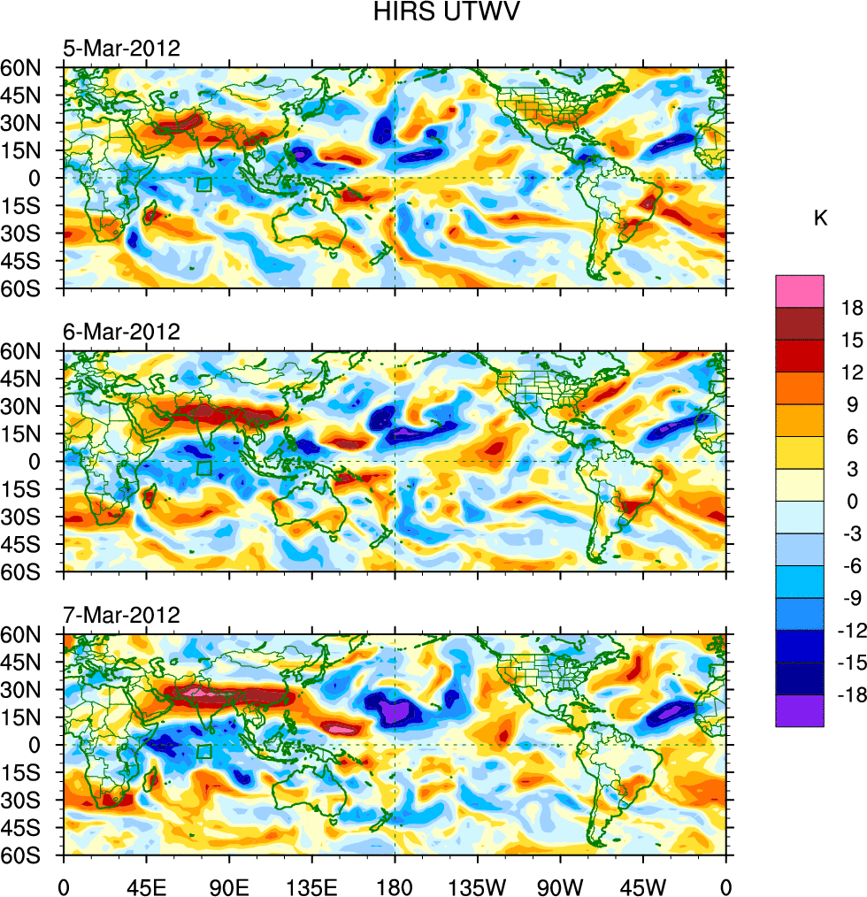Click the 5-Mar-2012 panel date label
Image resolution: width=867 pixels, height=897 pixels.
click(121, 48)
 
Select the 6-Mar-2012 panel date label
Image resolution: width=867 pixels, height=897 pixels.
click(121, 332)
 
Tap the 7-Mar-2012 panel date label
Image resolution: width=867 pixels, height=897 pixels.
click(121, 615)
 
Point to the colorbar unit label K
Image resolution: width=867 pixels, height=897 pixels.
click(821, 218)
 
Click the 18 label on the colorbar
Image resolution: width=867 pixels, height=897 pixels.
click(851, 307)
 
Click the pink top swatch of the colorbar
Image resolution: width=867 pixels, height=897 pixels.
click(800, 290)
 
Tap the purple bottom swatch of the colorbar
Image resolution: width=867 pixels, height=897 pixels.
click(800, 710)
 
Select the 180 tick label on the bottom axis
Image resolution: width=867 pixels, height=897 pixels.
click(395, 885)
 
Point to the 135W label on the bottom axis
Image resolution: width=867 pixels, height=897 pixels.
click(478, 885)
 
